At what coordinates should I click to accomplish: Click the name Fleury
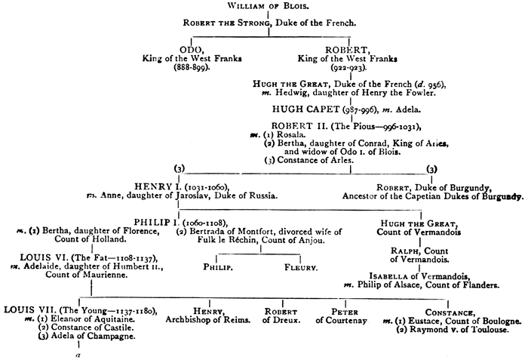(300, 267)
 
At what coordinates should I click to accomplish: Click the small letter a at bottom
(78, 352)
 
